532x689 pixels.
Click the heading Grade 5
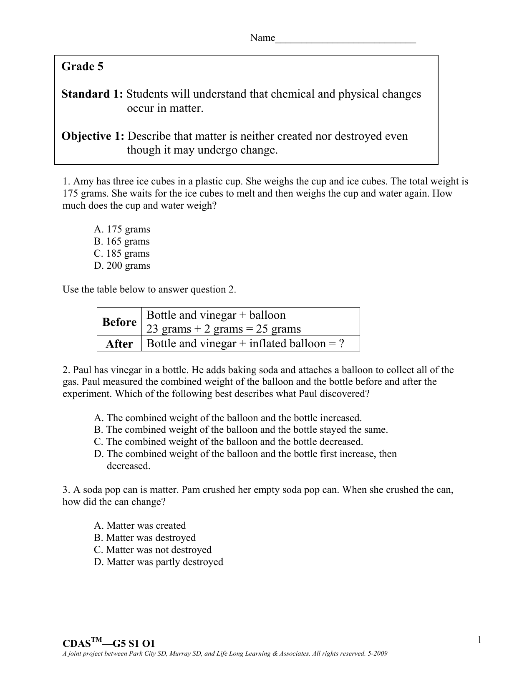click(x=82, y=66)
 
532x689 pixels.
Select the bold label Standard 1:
click(x=92, y=94)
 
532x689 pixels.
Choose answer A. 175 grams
click(x=122, y=230)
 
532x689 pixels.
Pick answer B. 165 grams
click(x=121, y=242)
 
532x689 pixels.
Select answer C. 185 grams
click(x=121, y=254)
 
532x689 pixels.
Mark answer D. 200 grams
click(x=122, y=266)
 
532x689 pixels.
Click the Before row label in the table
click(x=119, y=322)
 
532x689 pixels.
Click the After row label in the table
click(x=119, y=344)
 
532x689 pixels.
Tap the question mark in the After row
click(x=342, y=344)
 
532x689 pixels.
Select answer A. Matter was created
click(x=140, y=526)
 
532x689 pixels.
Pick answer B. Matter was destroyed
click(x=145, y=538)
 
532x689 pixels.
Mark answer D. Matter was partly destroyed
click(x=159, y=562)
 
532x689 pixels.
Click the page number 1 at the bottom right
click(x=480, y=640)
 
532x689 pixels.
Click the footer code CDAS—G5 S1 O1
click(x=108, y=644)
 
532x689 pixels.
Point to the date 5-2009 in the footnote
click(x=378, y=654)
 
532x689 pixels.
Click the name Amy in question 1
click(x=82, y=182)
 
